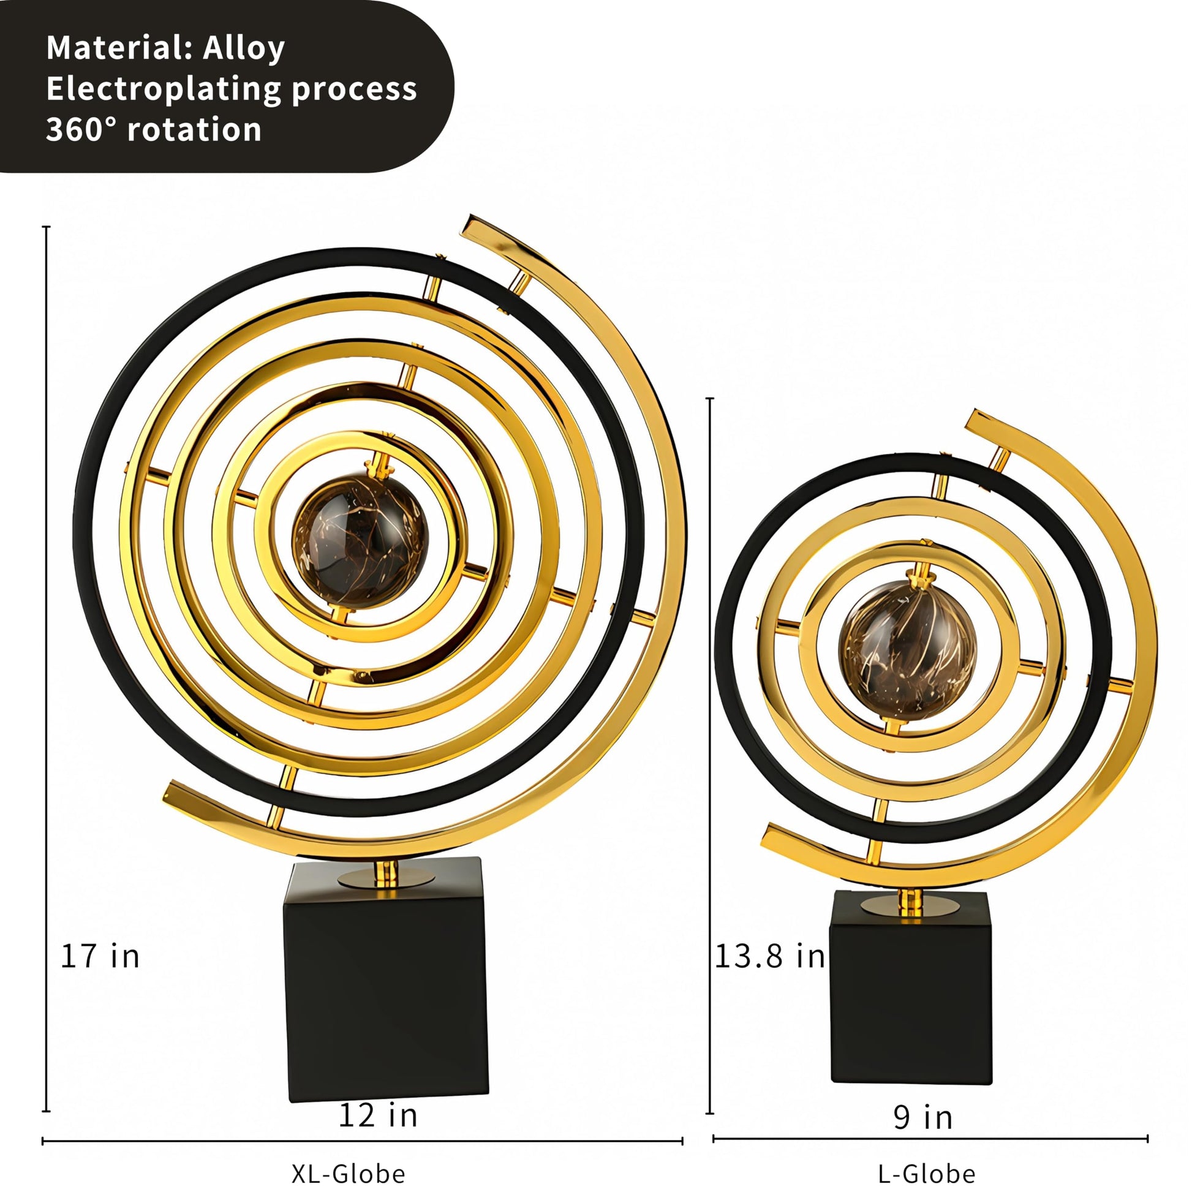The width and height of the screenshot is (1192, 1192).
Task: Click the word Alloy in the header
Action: click(x=244, y=49)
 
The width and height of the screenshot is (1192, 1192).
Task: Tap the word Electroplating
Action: click(x=164, y=89)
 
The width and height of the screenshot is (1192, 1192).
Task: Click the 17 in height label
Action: click(x=100, y=956)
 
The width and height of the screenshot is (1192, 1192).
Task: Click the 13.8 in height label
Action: click(x=769, y=956)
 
